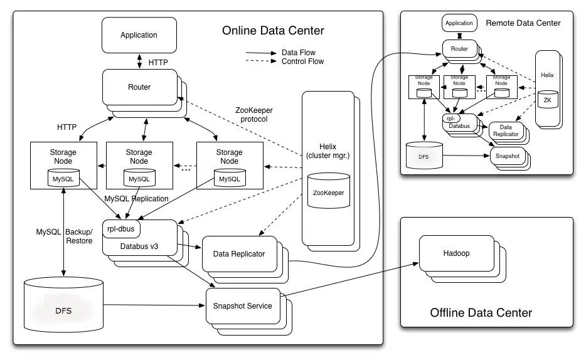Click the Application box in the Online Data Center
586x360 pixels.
pos(139,35)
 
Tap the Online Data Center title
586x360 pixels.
pos(273,31)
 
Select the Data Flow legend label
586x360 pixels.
pos(299,53)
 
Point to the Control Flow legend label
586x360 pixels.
pos(302,61)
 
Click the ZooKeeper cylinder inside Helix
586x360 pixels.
pos(328,193)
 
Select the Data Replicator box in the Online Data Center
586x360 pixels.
pos(239,253)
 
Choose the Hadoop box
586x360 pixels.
pos(454,253)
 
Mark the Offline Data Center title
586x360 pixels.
pos(481,312)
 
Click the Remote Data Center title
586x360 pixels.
pos(523,23)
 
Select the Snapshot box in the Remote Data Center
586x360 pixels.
pos(507,156)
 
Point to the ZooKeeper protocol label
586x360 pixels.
pos(254,114)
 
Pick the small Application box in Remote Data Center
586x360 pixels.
pos(459,23)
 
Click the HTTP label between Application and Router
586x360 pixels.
pos(158,63)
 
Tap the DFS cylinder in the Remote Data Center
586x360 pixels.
pos(425,155)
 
